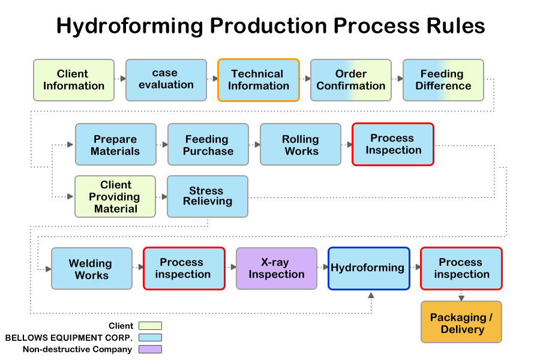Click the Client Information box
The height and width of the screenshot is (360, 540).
74,80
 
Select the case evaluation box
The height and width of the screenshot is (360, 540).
166,80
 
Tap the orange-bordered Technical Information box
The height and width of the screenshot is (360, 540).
259,80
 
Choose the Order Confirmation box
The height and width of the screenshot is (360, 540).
351,80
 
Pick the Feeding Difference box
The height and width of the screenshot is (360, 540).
443,80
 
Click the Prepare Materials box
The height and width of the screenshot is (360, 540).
116,145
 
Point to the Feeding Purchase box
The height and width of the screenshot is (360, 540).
208,145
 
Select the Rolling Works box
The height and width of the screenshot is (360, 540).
301,145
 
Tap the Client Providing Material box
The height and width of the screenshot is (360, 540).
115,197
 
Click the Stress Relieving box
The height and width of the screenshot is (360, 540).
208,197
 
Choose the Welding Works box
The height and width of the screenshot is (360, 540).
92,269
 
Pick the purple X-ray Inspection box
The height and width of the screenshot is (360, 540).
277,269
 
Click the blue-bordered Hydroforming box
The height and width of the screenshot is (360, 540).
369,269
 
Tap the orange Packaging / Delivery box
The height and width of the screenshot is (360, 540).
461,322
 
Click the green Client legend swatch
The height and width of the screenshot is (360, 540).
150,326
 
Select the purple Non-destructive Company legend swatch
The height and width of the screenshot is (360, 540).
150,349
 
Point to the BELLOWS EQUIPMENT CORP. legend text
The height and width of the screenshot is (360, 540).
68,338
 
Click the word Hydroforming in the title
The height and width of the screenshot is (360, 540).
130,26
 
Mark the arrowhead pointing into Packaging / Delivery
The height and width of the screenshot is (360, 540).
461,298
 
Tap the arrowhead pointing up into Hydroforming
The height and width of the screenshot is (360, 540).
371,295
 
